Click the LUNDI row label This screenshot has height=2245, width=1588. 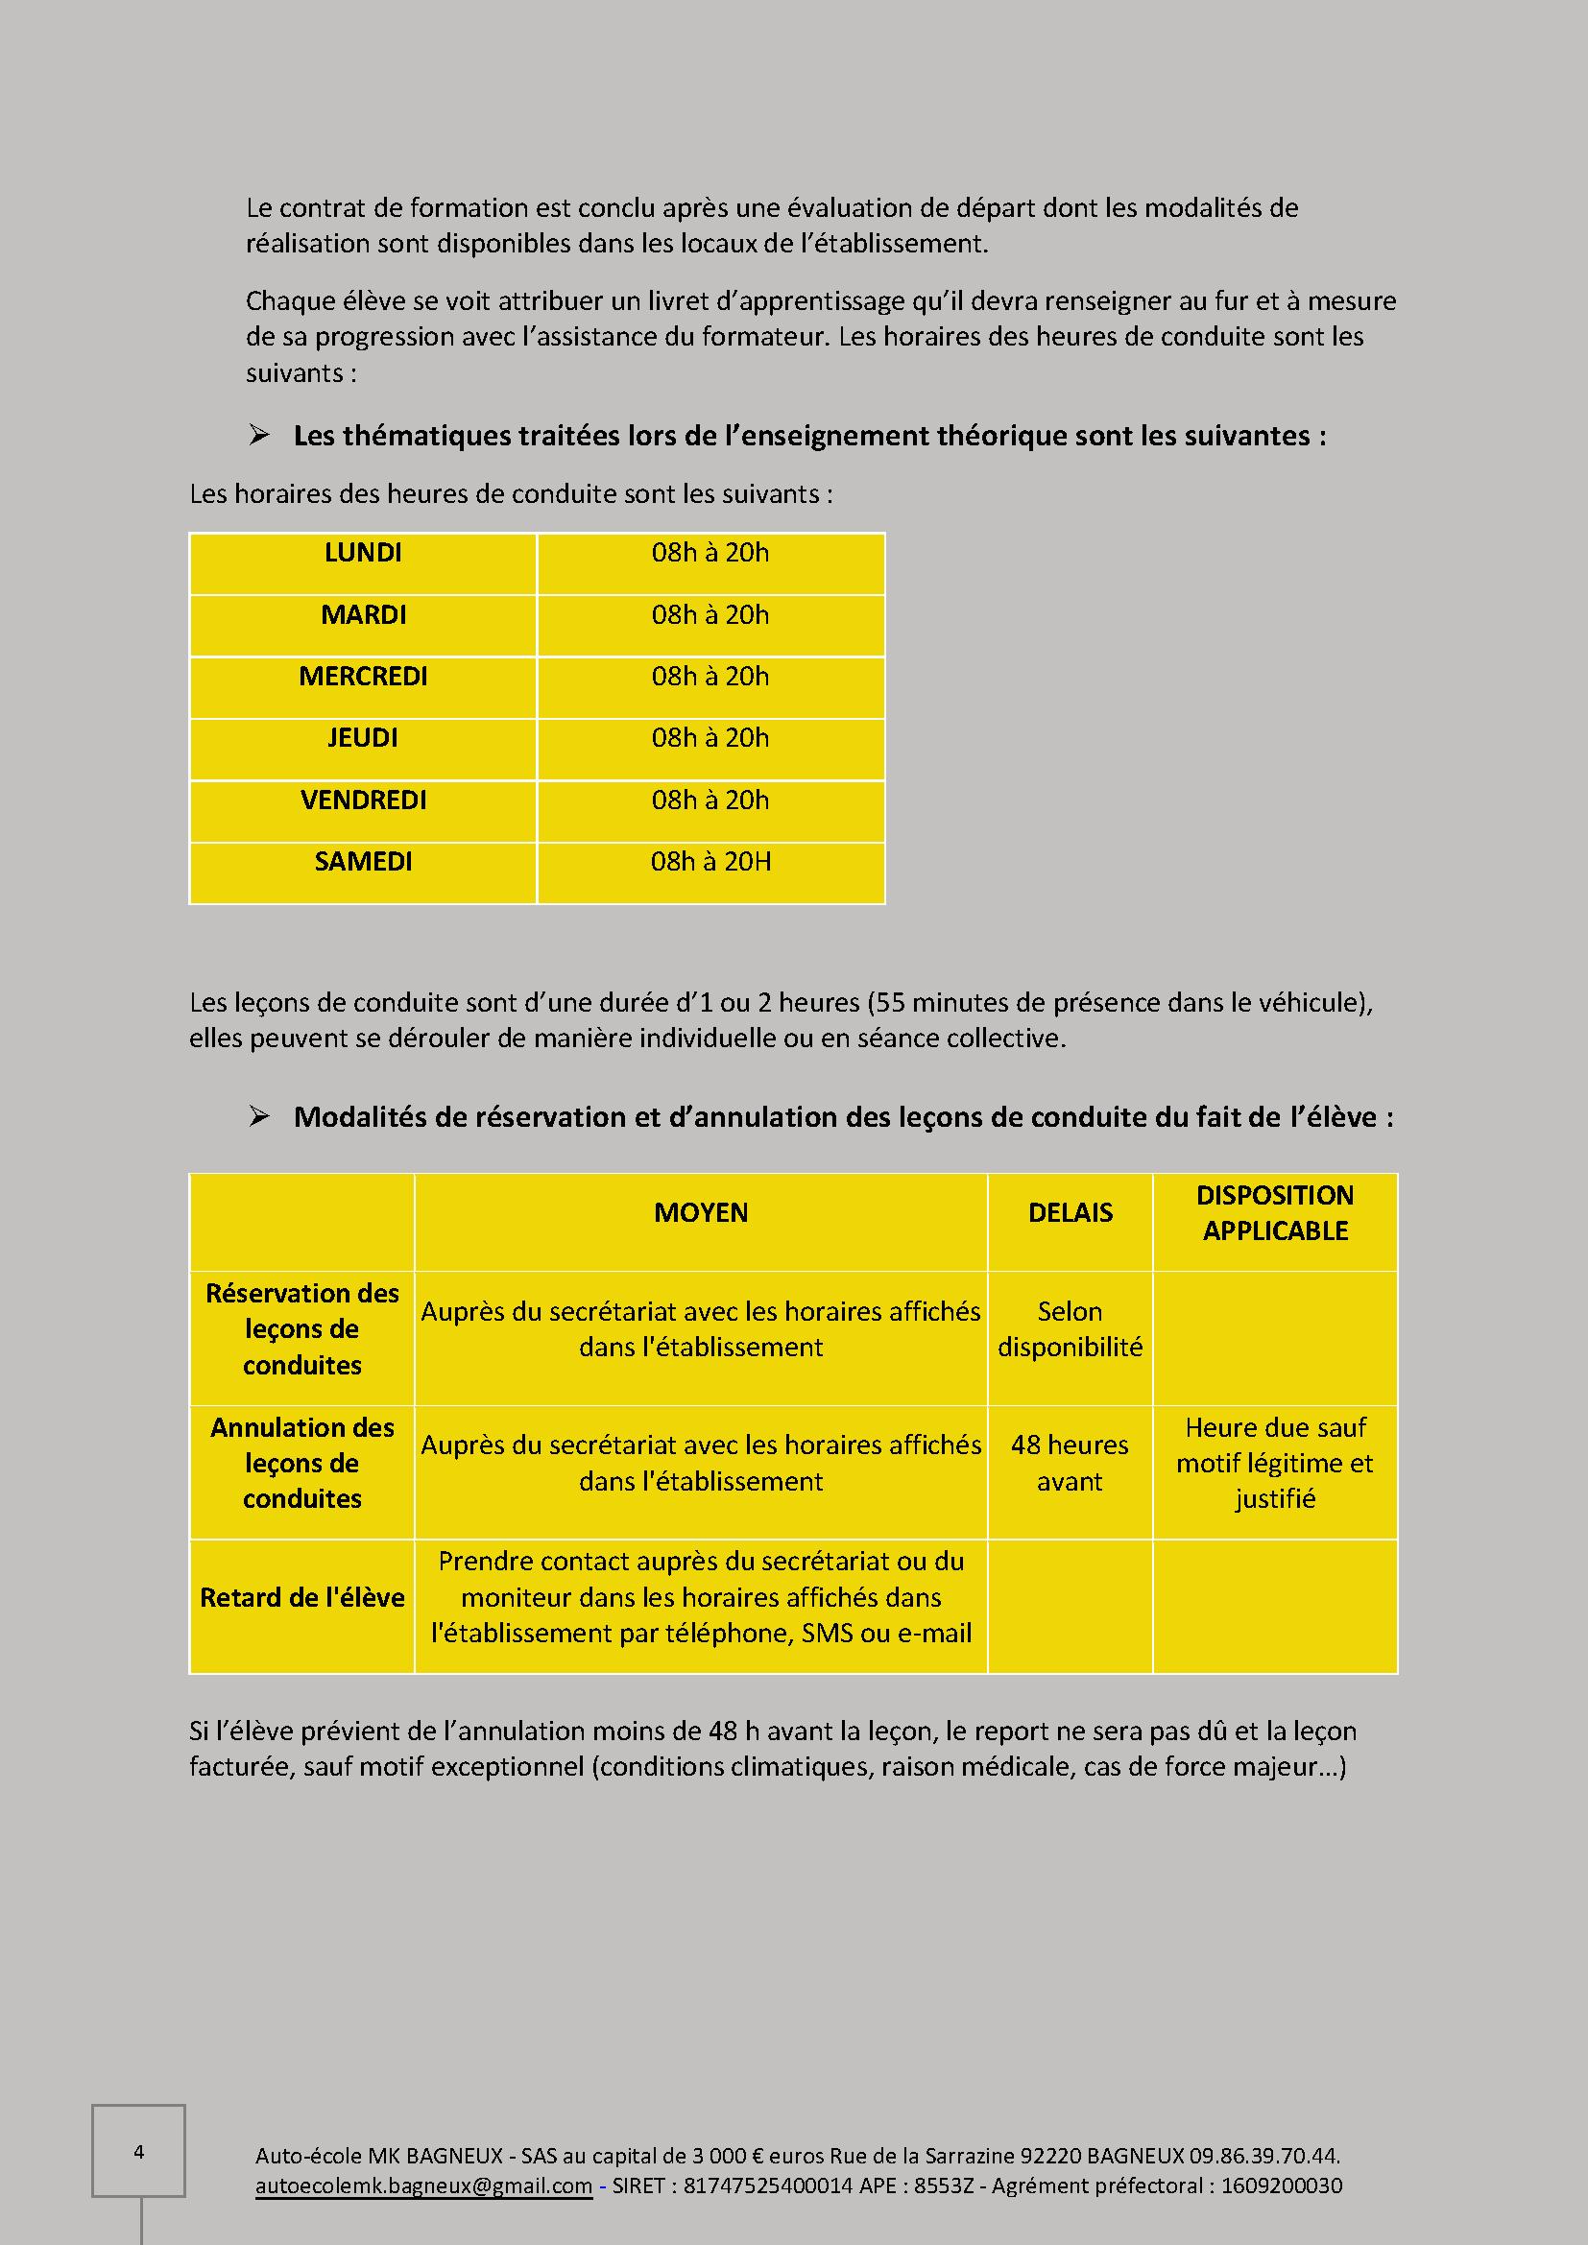pyautogui.click(x=363, y=554)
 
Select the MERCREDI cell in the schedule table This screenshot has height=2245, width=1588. pyautogui.click(x=363, y=677)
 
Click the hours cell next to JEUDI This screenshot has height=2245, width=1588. pyautogui.click(x=710, y=738)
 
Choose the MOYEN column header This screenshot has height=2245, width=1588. pyautogui.click(x=701, y=1213)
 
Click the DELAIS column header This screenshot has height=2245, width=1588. pyautogui.click(x=1070, y=1213)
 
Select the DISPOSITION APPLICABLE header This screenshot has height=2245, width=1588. pyautogui.click(x=1275, y=1213)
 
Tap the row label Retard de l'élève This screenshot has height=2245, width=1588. pyautogui.click(x=302, y=1598)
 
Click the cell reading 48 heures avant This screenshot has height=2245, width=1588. pyautogui.click(x=1070, y=1464)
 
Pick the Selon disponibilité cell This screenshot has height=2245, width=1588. pyautogui.click(x=1070, y=1329)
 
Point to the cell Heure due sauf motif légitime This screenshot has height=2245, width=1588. pyautogui.click(x=1275, y=1464)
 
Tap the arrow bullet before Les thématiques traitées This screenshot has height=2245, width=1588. pyautogui.click(x=259, y=436)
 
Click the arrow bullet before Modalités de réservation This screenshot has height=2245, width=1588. pyautogui.click(x=259, y=1116)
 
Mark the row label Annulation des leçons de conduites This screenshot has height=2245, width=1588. pyautogui.click(x=302, y=1464)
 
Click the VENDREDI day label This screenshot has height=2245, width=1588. pyautogui.click(x=363, y=800)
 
